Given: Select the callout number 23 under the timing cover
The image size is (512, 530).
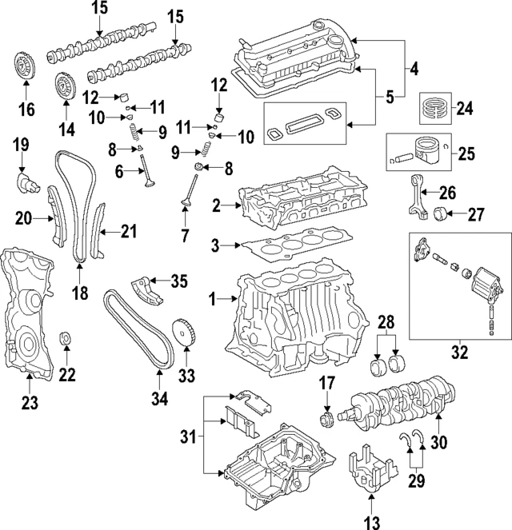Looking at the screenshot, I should click(x=29, y=404).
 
